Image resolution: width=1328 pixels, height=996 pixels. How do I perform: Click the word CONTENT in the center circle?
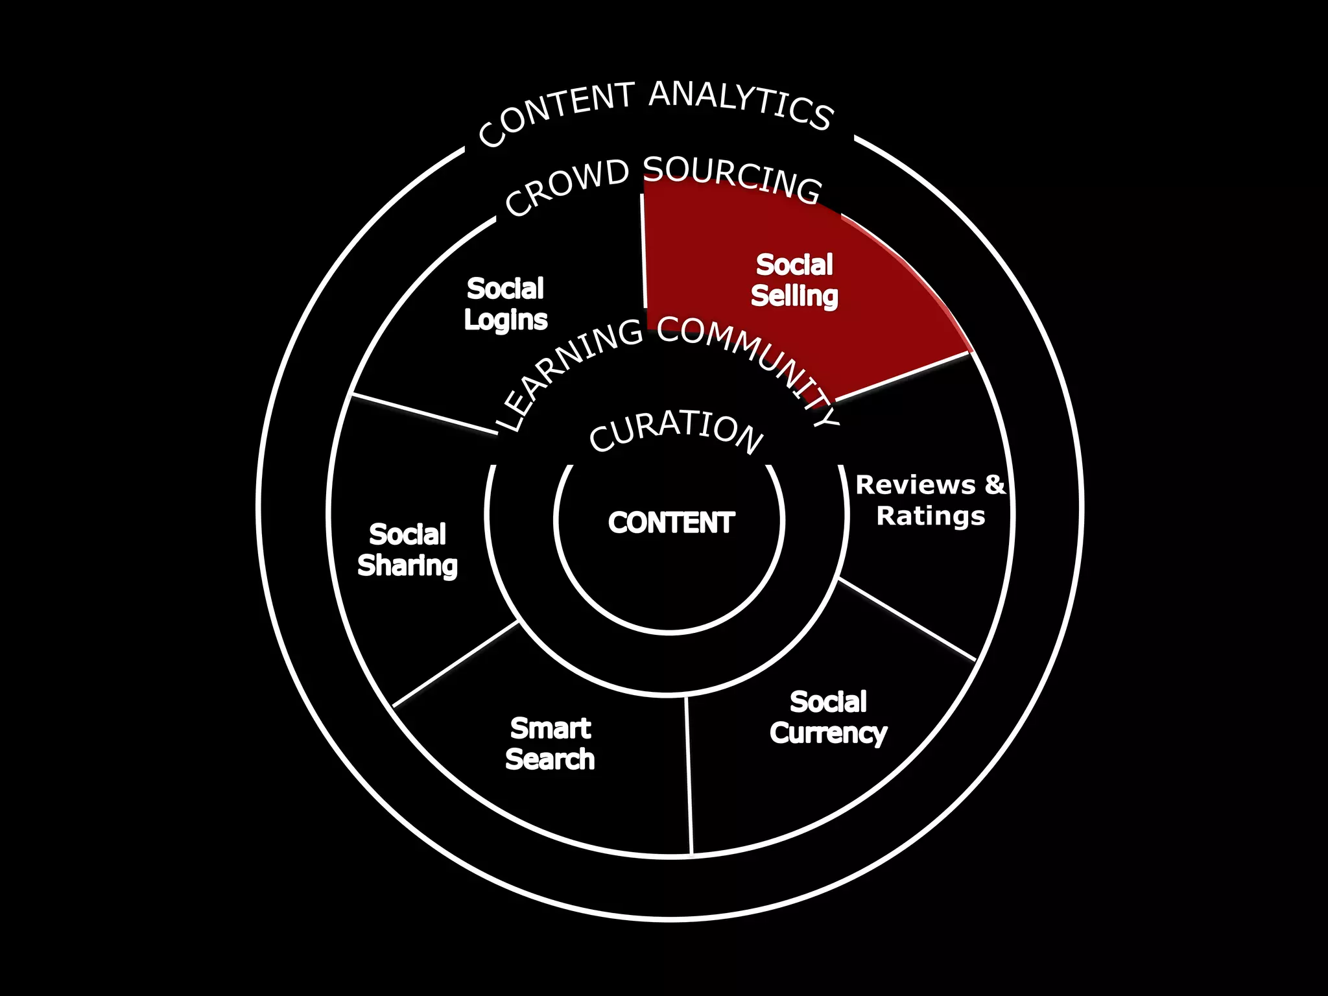(671, 523)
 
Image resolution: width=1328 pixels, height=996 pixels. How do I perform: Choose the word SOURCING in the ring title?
(733, 179)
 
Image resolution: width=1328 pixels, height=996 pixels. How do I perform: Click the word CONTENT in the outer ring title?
(555, 114)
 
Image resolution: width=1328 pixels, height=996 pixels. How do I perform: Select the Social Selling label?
(794, 280)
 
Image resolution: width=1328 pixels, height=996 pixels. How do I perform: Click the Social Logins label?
(505, 304)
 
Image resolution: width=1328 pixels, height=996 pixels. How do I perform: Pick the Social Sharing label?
(407, 550)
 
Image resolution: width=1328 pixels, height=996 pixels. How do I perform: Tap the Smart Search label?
(550, 744)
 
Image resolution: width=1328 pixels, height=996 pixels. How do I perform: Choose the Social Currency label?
(828, 718)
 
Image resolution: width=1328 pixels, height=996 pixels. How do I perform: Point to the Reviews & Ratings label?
(931, 500)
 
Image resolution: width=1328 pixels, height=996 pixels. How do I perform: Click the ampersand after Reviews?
(995, 484)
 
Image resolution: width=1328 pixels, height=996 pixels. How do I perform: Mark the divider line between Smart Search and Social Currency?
(689, 775)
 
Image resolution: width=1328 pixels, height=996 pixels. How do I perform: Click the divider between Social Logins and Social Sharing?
(424, 414)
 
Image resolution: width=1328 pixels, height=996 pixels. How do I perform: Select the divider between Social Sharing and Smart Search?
(456, 663)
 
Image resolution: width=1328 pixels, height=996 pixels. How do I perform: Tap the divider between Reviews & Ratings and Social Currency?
(907, 619)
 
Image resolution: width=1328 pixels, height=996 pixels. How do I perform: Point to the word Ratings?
(931, 516)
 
